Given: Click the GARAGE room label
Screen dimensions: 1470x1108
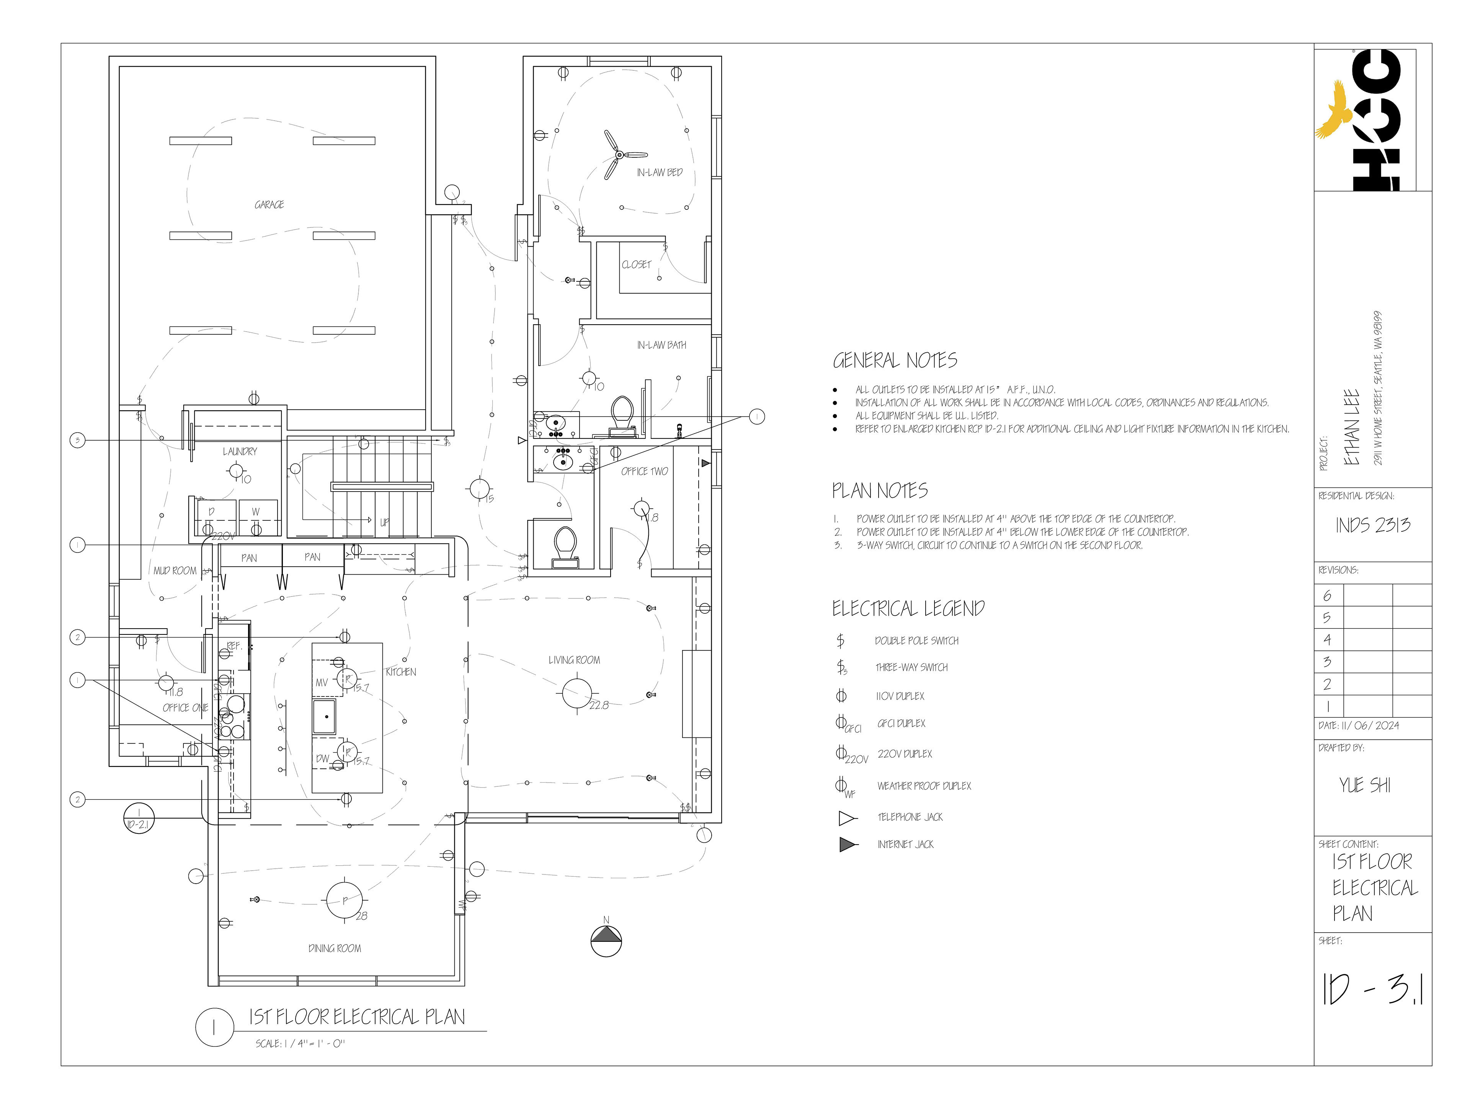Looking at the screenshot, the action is point(269,205).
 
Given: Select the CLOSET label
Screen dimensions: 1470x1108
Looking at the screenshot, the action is point(636,265).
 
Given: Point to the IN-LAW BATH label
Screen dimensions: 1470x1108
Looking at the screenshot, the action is point(661,345).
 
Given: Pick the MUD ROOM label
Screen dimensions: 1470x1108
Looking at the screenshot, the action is point(175,570).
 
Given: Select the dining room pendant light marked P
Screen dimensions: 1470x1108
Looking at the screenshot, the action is point(345,900).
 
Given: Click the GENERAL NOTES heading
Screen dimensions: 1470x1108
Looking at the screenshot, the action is point(895,361).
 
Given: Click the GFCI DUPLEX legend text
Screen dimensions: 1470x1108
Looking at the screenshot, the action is point(901,723).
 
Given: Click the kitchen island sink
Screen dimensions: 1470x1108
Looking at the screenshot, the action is point(324,716).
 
